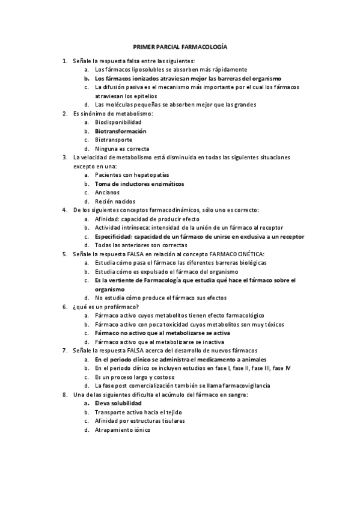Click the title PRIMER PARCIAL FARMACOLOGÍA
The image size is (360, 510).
pos(180,46)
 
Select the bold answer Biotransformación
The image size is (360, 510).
pos(120,131)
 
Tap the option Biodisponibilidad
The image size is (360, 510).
pos(116,122)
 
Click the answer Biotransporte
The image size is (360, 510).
pos(114,140)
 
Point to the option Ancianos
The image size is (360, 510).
pos(107,192)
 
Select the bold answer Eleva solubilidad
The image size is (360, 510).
pos(118,403)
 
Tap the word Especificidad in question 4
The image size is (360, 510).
pos(115,236)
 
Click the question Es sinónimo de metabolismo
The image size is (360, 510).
pos(113,113)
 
